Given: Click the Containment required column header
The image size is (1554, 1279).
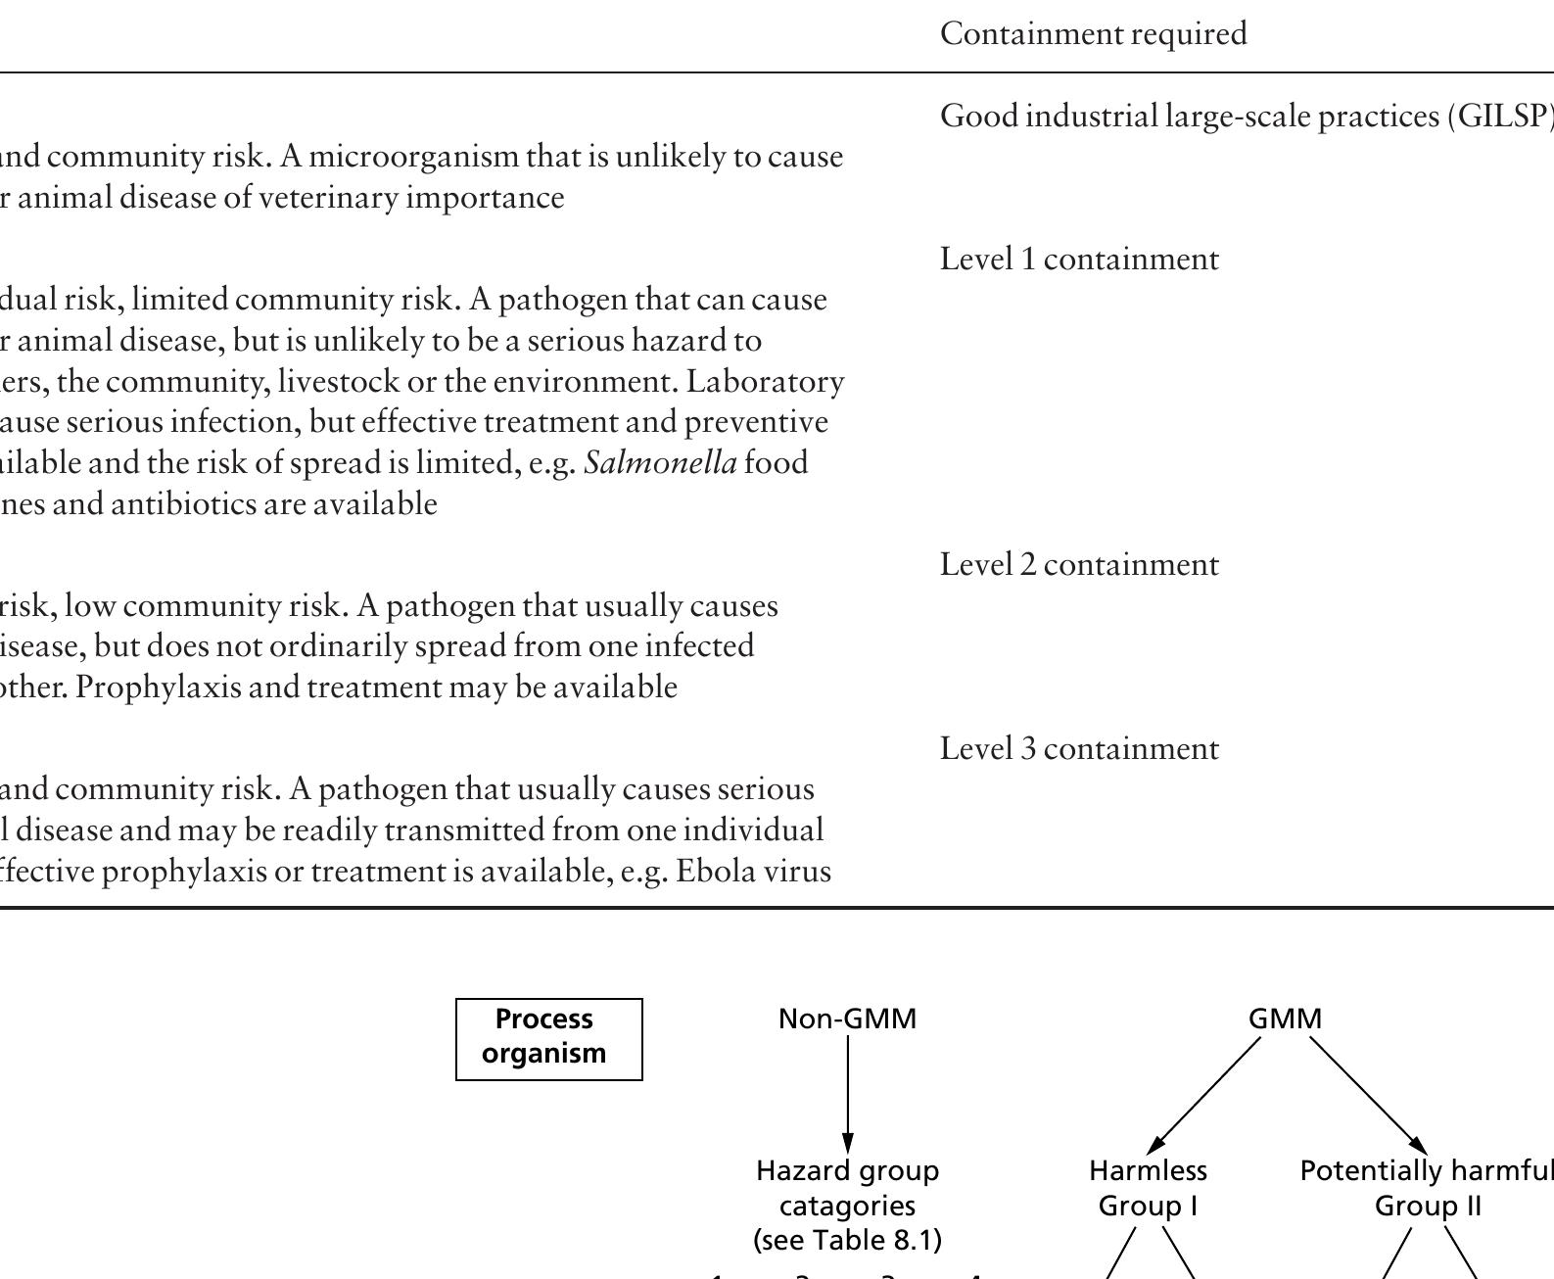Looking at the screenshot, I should (1093, 34).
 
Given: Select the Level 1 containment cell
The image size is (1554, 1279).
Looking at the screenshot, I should (1079, 260).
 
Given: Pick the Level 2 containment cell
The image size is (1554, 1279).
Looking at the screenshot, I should (1079, 565).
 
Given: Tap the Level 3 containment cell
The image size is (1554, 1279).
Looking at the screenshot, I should (1079, 749).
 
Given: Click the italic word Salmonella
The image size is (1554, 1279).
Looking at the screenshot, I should (660, 463).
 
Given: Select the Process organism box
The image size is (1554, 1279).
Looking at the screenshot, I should (548, 1038).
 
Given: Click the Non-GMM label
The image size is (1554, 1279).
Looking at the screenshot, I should (847, 1019).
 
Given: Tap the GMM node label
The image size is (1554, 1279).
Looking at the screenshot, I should (1285, 1019).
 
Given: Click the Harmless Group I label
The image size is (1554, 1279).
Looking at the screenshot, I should (1148, 1188).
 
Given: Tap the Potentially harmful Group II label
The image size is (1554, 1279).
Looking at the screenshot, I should (1427, 1188).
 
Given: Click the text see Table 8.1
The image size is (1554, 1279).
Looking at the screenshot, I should (847, 1241).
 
